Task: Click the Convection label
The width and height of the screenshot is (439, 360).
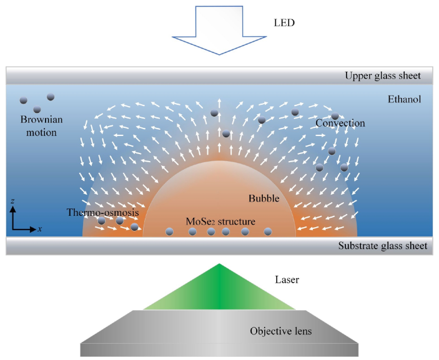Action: point(340,123)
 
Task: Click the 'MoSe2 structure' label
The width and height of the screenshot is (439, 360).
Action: point(220,221)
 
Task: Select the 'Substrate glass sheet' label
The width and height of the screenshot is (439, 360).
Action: point(383,246)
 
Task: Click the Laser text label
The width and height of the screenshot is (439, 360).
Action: point(288,280)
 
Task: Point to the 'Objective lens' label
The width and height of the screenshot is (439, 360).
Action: point(280,331)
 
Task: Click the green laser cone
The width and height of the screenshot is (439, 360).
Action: point(219,293)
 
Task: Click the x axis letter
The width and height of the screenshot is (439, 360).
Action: point(40,229)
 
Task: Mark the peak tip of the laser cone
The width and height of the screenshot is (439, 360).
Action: point(219,265)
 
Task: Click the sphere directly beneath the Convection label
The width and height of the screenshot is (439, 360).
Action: point(332,152)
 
